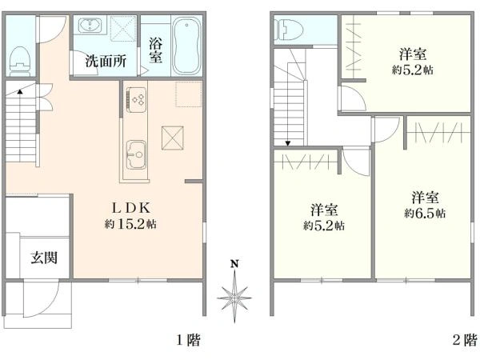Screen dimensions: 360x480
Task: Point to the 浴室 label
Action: click(155, 50)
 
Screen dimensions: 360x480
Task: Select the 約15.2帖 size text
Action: click(130, 225)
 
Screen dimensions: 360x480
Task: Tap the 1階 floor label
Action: click(188, 340)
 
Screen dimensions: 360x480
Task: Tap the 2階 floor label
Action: click(465, 340)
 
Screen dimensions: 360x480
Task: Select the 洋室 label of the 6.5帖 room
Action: click(425, 197)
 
